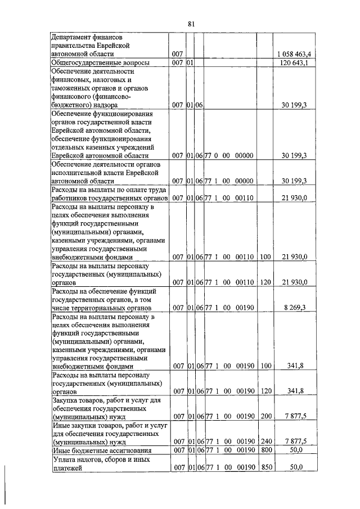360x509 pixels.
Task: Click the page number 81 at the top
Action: [190, 23]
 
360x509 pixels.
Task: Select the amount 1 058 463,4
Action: [296, 53]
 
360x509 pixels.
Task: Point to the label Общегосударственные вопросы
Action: [100, 63]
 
